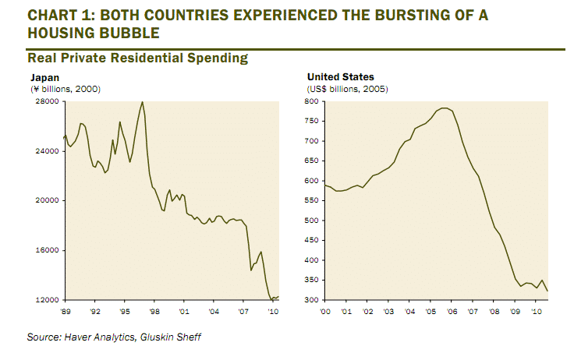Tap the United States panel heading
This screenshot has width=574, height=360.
[x=340, y=77]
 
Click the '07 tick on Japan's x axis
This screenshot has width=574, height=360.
[x=243, y=311]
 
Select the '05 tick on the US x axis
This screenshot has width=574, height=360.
[x=430, y=311]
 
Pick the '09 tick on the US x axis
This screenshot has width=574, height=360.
[x=515, y=311]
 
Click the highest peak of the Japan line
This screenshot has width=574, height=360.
[x=142, y=102]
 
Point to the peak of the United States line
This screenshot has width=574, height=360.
[x=445, y=108]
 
